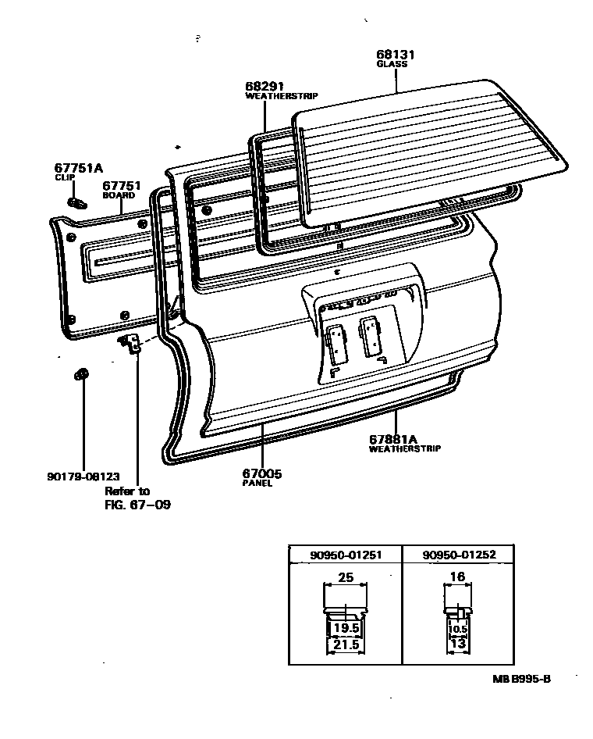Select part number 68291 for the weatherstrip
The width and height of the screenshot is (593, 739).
(x=263, y=86)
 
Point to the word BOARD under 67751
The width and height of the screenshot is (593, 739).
(x=119, y=196)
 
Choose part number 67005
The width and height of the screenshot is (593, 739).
(x=261, y=473)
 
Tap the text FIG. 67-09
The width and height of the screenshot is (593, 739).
(x=137, y=505)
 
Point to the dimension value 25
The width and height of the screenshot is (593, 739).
(x=346, y=578)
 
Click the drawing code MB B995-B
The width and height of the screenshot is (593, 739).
(x=520, y=678)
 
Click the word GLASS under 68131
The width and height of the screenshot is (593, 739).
(x=392, y=65)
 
